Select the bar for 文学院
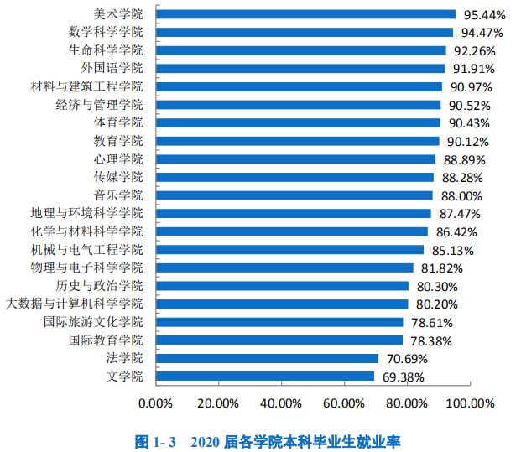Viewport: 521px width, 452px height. pos(265,376)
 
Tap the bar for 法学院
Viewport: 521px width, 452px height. pos(268,358)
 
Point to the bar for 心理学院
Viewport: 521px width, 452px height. pos(296,159)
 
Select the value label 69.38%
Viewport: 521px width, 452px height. pos(404,377)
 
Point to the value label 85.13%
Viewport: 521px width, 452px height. pos(452,250)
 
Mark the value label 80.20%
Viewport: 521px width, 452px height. pos(436,304)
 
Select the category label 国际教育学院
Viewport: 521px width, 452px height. pos(106,340)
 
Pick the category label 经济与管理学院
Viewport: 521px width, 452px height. pos(100,105)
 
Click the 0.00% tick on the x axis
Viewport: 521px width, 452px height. pos(154,403)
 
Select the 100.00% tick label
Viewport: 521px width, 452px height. pos(471,403)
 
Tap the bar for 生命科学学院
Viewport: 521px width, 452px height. pos(301,50)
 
